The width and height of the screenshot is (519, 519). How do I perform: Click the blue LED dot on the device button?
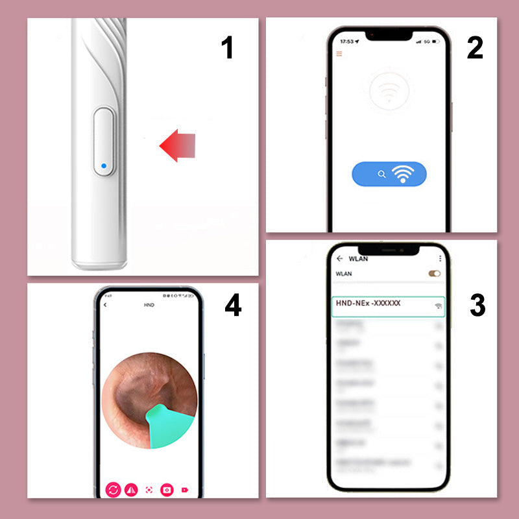click(103, 166)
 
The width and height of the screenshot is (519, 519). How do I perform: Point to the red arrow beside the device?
click(178, 143)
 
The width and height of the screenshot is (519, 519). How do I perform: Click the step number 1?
click(227, 49)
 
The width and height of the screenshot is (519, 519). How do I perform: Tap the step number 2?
click(475, 49)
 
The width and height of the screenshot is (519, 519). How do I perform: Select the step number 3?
click(477, 306)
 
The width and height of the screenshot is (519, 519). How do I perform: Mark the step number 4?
click(233, 306)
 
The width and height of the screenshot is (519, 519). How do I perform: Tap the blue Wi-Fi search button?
click(389, 174)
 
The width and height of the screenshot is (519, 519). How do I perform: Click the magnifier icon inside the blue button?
click(382, 174)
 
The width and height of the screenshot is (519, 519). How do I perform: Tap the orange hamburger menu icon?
click(338, 53)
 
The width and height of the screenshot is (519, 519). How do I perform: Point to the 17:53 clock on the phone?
click(346, 41)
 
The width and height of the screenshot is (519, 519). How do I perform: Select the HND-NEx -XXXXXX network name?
click(368, 303)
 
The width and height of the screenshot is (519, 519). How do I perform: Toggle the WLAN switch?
click(434, 274)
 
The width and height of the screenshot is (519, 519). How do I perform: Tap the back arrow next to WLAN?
click(339, 258)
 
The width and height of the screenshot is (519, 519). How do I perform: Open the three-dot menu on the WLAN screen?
click(441, 258)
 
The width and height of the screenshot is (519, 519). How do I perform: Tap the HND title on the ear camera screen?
click(149, 304)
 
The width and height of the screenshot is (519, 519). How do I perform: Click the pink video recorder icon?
click(186, 490)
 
